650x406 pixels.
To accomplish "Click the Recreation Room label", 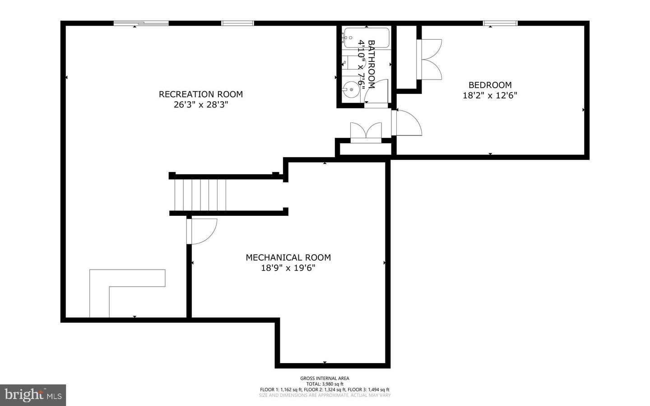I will pos(200,94).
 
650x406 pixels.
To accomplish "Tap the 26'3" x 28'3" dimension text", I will pos(200,105).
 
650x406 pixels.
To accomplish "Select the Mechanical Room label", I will pos(288,257).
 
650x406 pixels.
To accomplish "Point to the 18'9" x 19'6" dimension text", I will pos(288,268).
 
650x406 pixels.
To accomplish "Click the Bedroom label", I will pos(490,85).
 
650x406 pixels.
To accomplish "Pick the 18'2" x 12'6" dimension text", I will pos(490,95).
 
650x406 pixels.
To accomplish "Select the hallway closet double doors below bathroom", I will pos(366,132).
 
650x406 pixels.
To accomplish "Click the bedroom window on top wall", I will pos(500,23).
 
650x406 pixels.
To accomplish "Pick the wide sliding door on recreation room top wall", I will pos(141,23).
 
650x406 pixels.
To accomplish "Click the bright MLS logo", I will pos(32,395).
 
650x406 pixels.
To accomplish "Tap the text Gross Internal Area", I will pos(325,378).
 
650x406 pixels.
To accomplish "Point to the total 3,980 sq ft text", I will pos(325,384).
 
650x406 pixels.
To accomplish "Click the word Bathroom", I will pos(371,64).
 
